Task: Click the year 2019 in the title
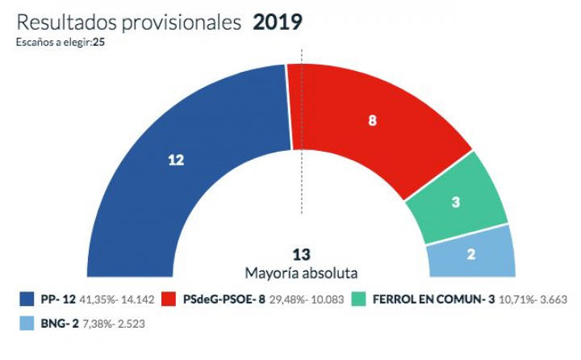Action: tap(278, 23)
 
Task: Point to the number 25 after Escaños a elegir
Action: tap(98, 42)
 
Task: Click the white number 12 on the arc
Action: tap(176, 160)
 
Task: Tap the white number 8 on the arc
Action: tap(372, 120)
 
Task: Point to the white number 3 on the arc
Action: tap(455, 203)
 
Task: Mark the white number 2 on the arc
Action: tap(471, 253)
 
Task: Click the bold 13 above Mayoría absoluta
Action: tap(301, 254)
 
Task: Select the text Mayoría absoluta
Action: tap(301, 273)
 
